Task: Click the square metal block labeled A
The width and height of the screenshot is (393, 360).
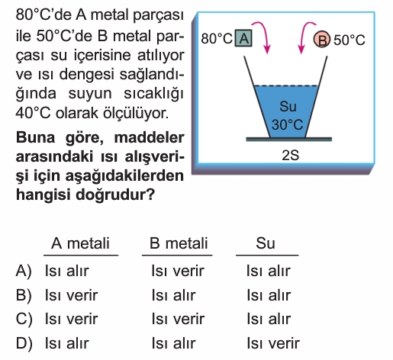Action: tap(243, 38)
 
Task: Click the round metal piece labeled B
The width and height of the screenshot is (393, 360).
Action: tap(322, 40)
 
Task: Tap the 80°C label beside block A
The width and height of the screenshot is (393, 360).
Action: tap(217, 39)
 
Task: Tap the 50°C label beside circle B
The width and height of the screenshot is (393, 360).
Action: tap(350, 40)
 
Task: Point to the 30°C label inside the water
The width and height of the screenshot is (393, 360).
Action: tap(287, 124)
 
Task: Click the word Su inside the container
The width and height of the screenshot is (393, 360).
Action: tap(288, 106)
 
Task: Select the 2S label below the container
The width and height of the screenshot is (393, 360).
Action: tap(290, 155)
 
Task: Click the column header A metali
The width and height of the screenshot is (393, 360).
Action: tap(80, 243)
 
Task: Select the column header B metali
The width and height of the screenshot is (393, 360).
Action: tap(179, 243)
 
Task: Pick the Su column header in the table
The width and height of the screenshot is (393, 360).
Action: tap(266, 243)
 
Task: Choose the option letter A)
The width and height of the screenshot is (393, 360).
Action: tap(24, 271)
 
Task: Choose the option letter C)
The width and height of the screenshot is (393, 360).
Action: tap(24, 319)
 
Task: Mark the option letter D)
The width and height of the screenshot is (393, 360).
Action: tap(24, 343)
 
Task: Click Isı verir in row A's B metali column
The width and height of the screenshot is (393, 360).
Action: tap(178, 271)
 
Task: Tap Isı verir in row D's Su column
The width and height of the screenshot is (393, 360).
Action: tap(273, 343)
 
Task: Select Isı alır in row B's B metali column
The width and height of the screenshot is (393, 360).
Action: tap(173, 295)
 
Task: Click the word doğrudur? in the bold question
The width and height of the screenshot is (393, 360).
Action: tap(115, 195)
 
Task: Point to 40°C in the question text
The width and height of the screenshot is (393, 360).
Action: tap(33, 113)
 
